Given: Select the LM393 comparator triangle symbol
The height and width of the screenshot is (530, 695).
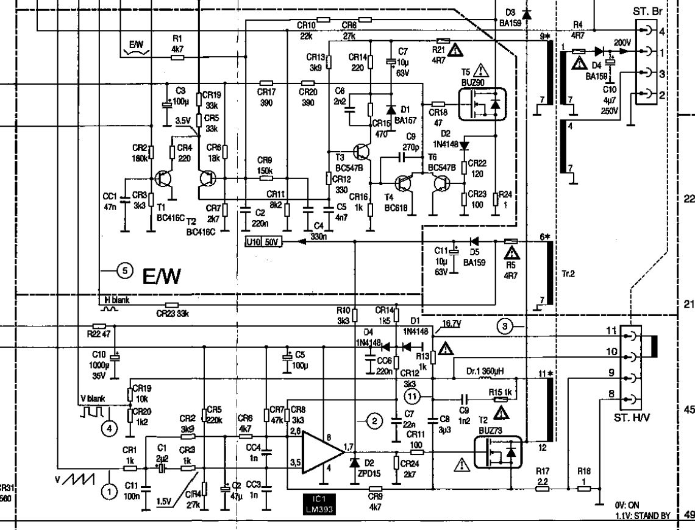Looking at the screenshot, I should pos(322,452).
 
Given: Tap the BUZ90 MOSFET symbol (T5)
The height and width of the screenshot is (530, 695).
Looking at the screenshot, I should pos(482,104).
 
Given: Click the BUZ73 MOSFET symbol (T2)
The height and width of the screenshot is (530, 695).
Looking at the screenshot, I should pos(499,452).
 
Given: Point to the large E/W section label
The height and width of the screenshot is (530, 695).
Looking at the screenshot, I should pos(162,278).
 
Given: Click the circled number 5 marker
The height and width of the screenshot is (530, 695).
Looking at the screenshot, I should pos(125,271).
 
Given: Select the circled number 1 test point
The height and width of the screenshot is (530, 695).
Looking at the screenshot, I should pos(109,490).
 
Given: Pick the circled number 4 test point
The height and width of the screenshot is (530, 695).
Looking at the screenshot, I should pos(109,428).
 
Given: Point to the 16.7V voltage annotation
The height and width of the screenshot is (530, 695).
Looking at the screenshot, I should pos(451,325).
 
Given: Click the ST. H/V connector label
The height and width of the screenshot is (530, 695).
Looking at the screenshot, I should pos(633,418).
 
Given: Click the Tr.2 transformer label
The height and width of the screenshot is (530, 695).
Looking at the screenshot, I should pos(569,274).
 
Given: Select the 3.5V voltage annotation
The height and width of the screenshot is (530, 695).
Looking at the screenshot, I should pos(183,121).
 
